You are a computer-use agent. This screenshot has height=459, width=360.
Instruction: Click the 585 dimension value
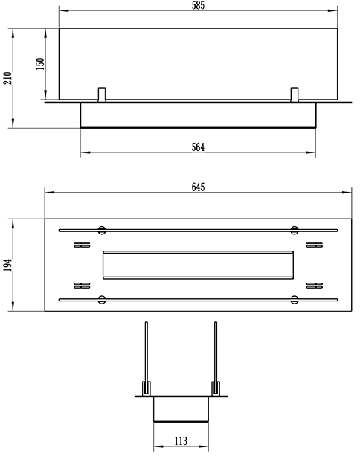tap(198, 5)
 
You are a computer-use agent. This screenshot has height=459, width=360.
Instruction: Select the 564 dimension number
tap(198, 147)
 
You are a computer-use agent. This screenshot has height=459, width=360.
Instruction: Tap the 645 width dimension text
tap(198, 187)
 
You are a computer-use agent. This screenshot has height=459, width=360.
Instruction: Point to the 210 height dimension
tap(7, 78)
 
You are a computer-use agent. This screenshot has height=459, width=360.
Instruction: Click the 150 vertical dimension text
tap(40, 64)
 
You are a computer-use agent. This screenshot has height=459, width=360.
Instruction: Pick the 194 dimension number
tap(7, 265)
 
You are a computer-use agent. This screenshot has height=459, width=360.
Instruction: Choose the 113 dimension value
tap(181, 440)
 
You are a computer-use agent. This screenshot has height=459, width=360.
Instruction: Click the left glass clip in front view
tap(102, 94)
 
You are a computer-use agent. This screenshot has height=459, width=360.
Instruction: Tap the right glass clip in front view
tap(295, 94)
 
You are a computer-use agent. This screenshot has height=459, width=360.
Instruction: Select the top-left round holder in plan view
tap(102, 230)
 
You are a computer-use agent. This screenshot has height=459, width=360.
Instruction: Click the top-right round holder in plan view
tap(295, 230)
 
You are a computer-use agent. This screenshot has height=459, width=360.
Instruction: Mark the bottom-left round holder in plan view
tap(102, 300)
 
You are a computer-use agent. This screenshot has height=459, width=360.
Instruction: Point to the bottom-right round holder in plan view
tap(295, 300)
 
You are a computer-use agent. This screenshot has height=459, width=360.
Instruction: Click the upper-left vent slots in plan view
tap(82, 245)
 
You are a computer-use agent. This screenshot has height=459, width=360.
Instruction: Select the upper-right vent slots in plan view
tap(315, 245)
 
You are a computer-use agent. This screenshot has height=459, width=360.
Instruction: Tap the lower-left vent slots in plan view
tap(82, 286)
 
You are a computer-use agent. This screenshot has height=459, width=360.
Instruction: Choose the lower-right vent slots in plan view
tap(315, 286)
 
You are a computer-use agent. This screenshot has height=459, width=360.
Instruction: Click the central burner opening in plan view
tap(198, 265)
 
